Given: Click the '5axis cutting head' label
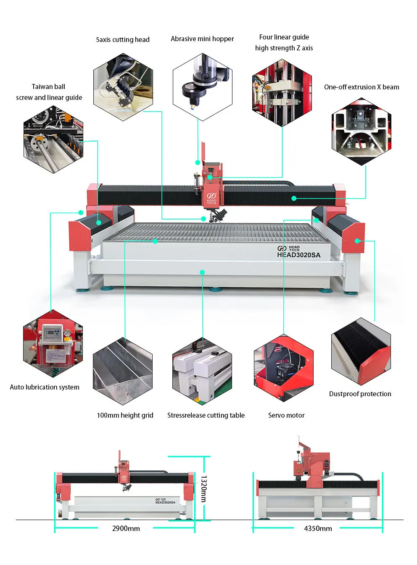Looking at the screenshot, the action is tap(122, 39).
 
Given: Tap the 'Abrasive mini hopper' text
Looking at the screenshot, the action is tap(202, 39).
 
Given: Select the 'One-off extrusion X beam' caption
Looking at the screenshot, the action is tap(362, 87).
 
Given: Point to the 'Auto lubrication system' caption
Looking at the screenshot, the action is tap(45, 387).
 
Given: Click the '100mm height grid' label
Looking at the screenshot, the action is tap(125, 415).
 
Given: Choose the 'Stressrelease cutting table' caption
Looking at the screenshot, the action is tap(206, 415).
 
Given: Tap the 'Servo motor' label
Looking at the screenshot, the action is tap(286, 415).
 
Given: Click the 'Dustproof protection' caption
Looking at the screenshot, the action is tap(360, 394).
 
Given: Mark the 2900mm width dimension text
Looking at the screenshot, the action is tap(126, 528).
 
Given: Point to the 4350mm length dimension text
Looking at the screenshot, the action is tap(318, 528).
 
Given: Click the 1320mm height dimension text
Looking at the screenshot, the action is tap(203, 489).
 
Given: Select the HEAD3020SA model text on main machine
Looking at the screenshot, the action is tap(298, 255).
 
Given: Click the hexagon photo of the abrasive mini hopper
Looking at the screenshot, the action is tap(202, 87).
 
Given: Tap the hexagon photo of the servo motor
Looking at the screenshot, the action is tap(284, 368).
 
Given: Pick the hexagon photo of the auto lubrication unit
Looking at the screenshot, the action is tap(53, 344).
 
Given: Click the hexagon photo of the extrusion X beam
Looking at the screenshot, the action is tap(362, 131).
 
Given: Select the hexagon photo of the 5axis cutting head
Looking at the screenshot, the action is tap(123, 87).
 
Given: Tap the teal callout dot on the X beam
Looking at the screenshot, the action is tap(294, 198).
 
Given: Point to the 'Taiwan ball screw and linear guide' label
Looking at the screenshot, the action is tap(49, 92).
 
